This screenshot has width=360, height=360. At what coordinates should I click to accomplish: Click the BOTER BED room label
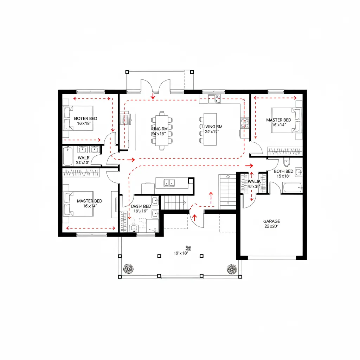pyautogui.click(x=85, y=118)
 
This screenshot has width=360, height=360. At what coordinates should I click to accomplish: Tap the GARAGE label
pyautogui.click(x=272, y=221)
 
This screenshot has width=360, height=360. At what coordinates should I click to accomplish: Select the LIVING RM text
pyautogui.click(x=212, y=127)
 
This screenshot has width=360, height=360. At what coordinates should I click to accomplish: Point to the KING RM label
pyautogui.click(x=158, y=129)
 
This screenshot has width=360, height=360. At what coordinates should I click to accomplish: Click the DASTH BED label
pyautogui.click(x=141, y=206)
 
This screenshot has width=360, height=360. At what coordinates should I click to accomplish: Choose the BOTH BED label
pyautogui.click(x=284, y=171)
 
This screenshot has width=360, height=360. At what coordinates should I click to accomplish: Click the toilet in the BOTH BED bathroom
pyautogui.click(x=286, y=162)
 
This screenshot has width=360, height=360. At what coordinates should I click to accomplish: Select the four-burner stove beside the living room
pyautogui.click(x=244, y=123)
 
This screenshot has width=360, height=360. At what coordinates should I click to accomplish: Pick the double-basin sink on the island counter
pyautogui.click(x=169, y=182)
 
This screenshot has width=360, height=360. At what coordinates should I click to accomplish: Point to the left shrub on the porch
pyautogui.click(x=128, y=269)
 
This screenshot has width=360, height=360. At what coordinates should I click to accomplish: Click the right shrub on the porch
pyautogui.click(x=232, y=269)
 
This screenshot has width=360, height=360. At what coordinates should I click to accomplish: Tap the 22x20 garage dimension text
pyautogui.click(x=272, y=227)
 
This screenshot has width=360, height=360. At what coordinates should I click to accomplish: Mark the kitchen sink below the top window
pyautogui.click(x=214, y=98)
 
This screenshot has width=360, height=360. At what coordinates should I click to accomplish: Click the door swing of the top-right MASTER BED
pyautogui.click(x=257, y=148)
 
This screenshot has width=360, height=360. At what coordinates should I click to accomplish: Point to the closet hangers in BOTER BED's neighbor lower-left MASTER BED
pyautogui.click(x=81, y=173)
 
